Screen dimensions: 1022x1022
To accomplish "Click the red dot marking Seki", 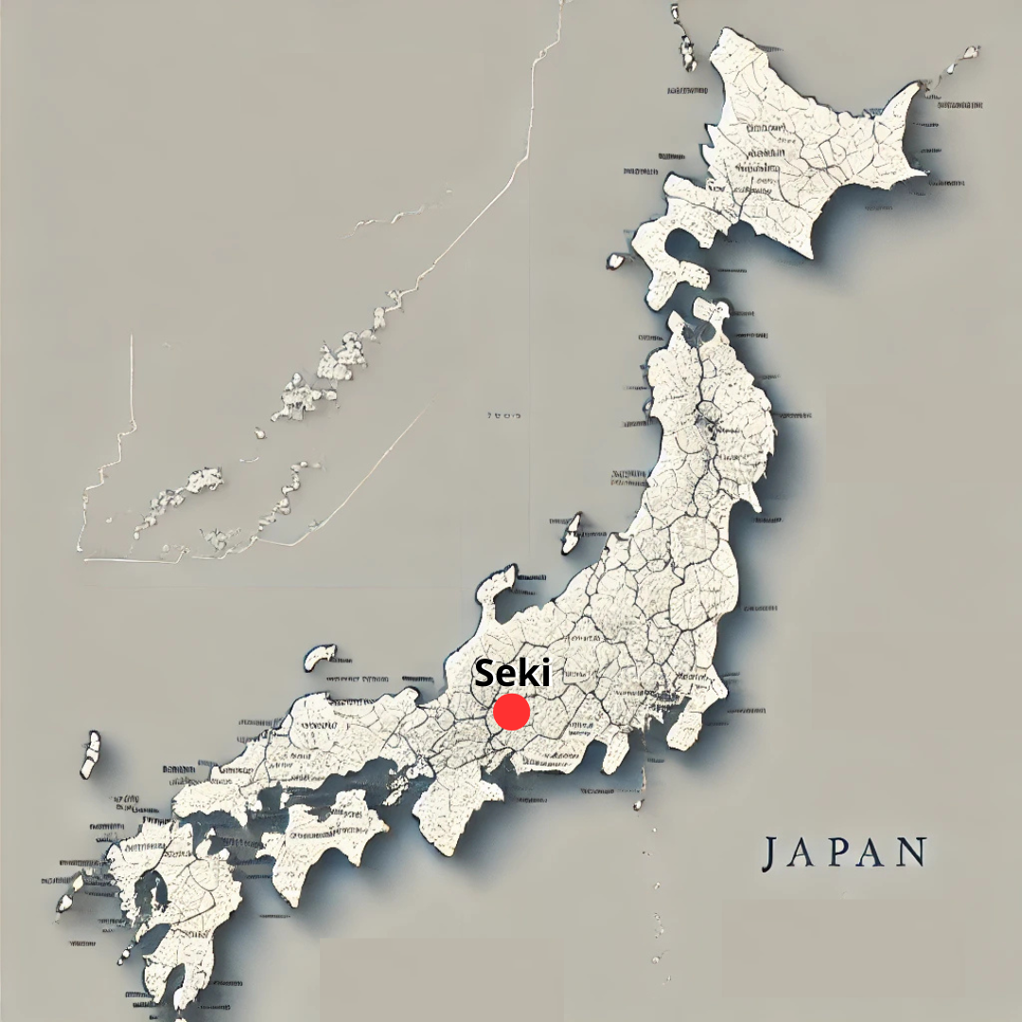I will (x=511, y=712).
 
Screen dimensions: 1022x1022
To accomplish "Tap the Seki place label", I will (x=512, y=673).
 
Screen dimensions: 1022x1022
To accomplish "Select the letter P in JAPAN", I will (x=841, y=853).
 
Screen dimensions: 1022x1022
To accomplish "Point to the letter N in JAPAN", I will (x=911, y=853).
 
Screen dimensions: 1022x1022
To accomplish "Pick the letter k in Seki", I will (x=529, y=673).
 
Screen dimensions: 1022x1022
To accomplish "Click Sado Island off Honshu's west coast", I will (x=572, y=534).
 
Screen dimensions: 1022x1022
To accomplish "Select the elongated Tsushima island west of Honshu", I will (x=90, y=753).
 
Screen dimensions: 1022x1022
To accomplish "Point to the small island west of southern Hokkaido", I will (x=616, y=260).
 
